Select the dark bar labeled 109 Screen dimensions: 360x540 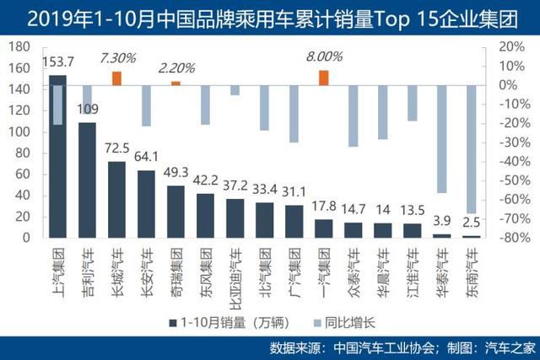point(87,180)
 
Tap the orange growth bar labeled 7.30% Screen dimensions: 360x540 point(116,78)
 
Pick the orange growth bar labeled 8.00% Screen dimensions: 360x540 point(323,78)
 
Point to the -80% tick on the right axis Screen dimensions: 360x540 point(510,239)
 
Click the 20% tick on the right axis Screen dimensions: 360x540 point(511,46)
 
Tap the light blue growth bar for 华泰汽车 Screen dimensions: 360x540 point(441,139)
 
